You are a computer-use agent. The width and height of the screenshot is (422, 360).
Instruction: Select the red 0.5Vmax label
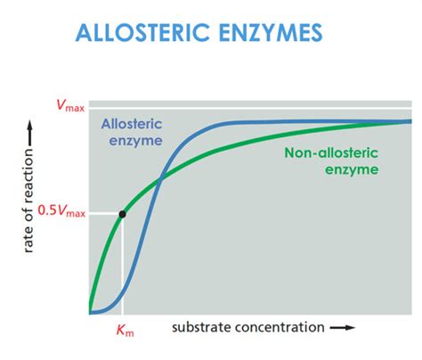click(61, 214)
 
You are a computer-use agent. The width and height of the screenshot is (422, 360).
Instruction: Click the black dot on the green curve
click(122, 214)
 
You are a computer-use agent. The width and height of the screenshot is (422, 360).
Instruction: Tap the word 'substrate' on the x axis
click(199, 327)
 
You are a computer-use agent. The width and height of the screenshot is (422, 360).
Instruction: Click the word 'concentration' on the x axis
click(277, 327)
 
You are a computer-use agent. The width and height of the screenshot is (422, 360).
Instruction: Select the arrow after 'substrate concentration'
click(342, 327)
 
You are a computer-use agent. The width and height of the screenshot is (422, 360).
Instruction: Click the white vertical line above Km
click(122, 267)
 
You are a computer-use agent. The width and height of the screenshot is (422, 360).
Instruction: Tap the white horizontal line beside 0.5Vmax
click(105, 214)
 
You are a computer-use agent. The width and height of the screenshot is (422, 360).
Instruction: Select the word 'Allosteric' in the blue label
click(130, 126)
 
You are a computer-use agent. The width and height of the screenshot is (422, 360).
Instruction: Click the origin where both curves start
click(91, 313)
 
